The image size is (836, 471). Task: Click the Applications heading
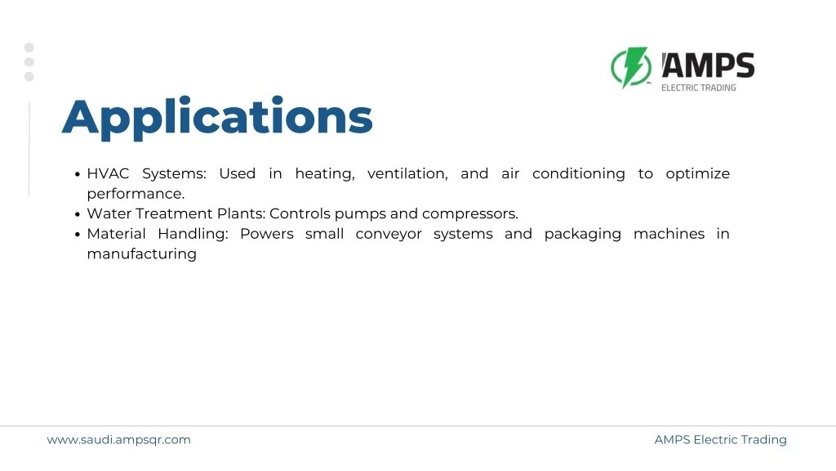pyautogui.click(x=217, y=117)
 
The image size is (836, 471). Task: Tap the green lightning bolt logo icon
pyautogui.click(x=631, y=68)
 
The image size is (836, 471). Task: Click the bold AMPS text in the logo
pyautogui.click(x=708, y=65)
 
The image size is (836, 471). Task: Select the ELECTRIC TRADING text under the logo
pyautogui.click(x=698, y=87)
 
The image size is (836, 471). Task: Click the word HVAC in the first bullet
pyautogui.click(x=108, y=173)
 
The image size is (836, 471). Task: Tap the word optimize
pyautogui.click(x=697, y=173)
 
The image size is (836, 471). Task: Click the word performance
pyautogui.click(x=136, y=194)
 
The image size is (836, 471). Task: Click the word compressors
pyautogui.click(x=469, y=213)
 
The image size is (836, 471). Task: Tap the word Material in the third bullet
pyautogui.click(x=116, y=234)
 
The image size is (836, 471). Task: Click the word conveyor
pyautogui.click(x=388, y=234)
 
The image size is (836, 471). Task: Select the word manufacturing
pyautogui.click(x=141, y=253)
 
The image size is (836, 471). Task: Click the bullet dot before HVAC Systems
pyautogui.click(x=78, y=174)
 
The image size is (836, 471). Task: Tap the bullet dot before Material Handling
pyautogui.click(x=78, y=235)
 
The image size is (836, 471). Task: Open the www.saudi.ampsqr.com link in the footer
pyautogui.click(x=119, y=440)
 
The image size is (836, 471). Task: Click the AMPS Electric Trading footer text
pyautogui.click(x=720, y=440)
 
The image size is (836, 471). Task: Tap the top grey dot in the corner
pyautogui.click(x=29, y=47)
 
